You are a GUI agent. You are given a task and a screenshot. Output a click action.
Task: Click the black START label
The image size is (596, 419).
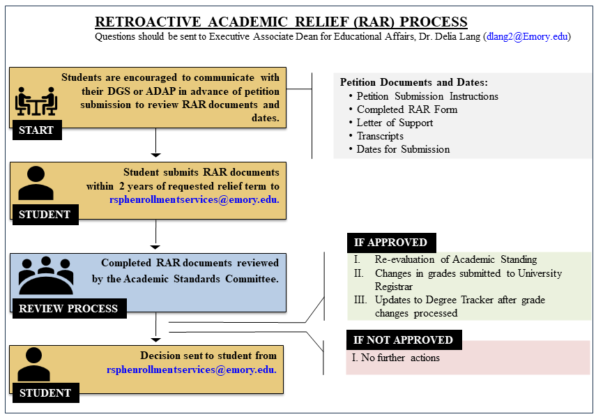click(37, 130)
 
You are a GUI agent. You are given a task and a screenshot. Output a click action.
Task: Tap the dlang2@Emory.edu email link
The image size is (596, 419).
click(527, 36)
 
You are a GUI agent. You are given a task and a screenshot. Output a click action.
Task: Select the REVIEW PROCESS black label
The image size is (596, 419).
click(69, 308)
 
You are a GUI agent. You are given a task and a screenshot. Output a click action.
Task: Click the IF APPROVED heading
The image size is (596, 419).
click(391, 243)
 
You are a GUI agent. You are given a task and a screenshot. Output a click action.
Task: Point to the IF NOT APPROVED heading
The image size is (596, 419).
click(404, 340)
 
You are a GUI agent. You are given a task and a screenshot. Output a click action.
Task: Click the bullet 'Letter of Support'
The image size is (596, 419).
click(395, 123)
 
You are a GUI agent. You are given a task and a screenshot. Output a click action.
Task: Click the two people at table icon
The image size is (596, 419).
click(36, 101)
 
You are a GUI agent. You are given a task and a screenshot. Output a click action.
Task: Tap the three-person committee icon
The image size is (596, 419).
click(45, 275)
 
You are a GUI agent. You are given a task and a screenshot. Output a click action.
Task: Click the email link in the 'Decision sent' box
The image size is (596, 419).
click(191, 370)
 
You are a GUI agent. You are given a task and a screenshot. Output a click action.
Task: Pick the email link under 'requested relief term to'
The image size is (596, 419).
click(194, 199)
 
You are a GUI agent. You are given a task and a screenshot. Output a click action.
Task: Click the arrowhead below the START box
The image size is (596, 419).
click(156, 155)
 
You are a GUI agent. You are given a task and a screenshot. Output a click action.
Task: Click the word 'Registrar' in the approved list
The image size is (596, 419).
click(394, 287)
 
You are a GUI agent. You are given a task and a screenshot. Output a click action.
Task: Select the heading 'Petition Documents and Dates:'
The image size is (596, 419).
click(414, 82)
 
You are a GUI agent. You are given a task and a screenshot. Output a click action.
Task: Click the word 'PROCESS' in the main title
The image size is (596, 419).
click(434, 22)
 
